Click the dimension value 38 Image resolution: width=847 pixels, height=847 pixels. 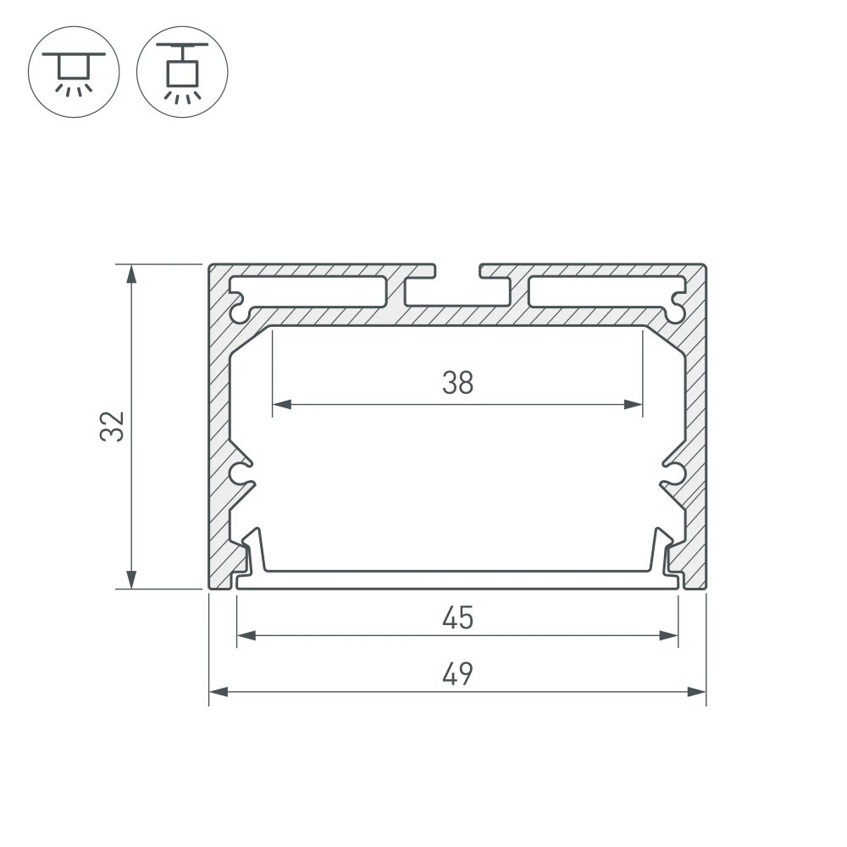tap(457, 384)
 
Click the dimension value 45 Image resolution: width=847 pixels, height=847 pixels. tap(457, 619)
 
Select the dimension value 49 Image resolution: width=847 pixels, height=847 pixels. tap(457, 675)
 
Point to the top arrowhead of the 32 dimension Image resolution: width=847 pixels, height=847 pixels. tap(131, 273)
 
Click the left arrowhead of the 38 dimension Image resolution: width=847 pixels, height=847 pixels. tap(280, 405)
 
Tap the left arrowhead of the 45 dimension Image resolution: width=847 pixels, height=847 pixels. tap(245, 635)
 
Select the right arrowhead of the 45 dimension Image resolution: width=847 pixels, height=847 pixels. tap(671, 635)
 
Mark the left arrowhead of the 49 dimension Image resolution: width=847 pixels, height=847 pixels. tap(218, 693)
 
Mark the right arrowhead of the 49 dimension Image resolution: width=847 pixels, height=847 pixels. tap(698, 693)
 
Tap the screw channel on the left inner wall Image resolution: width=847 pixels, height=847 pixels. tap(244, 473)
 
